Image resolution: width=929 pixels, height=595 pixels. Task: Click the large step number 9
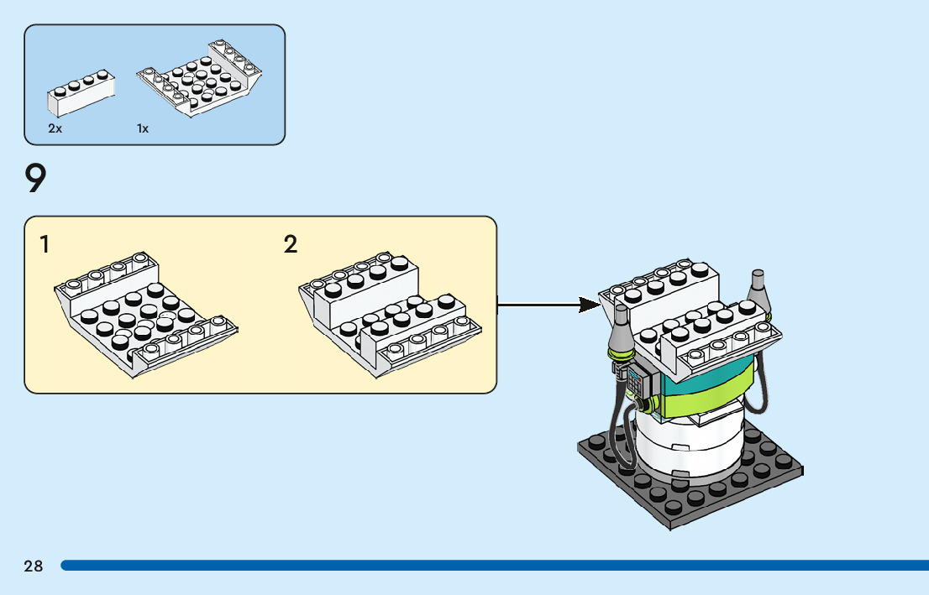tap(35, 179)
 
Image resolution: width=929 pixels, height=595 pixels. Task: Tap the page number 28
tap(34, 566)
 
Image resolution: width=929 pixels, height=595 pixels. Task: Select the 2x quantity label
tap(55, 129)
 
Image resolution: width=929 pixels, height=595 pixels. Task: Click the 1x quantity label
tap(143, 129)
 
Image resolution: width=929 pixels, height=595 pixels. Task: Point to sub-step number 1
tap(45, 245)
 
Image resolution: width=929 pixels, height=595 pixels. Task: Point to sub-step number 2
tap(291, 245)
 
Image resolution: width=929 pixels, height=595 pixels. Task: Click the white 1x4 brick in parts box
tap(80, 95)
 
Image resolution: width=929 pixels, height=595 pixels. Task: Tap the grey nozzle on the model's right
tap(760, 290)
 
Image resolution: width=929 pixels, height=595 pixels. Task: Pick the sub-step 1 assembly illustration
tap(143, 315)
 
